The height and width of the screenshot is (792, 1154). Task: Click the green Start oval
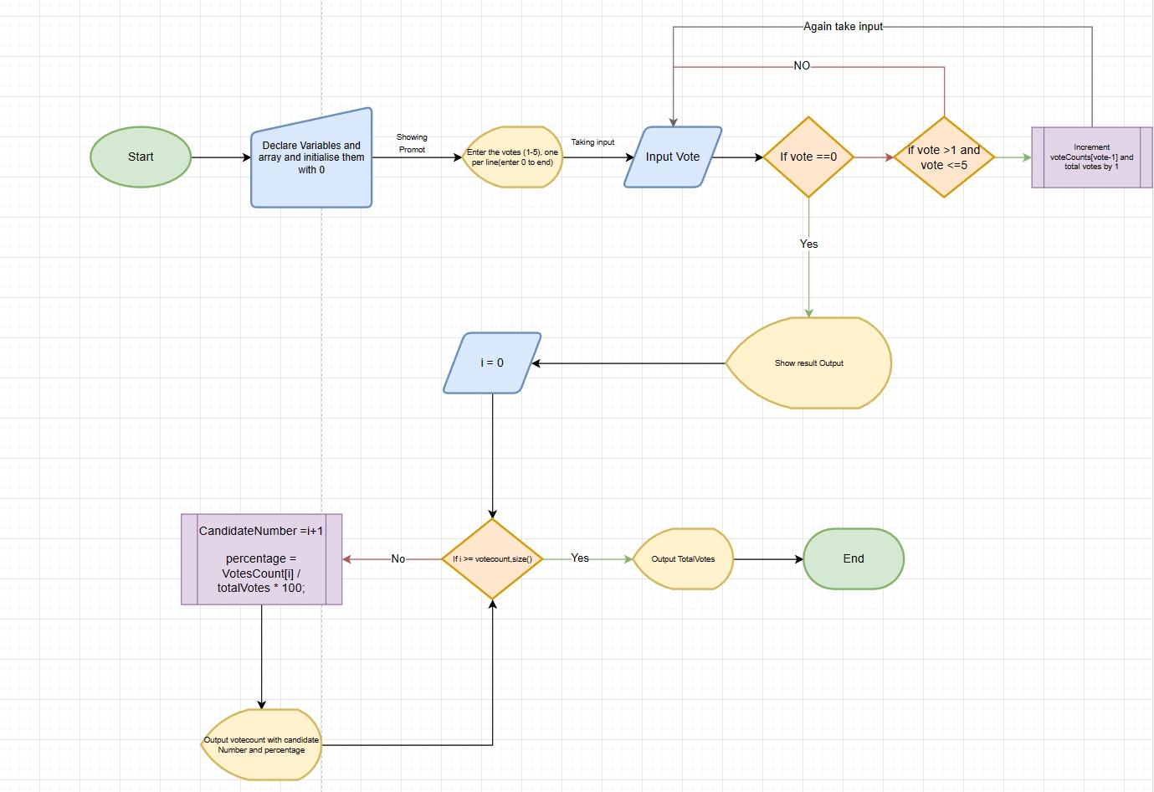(141, 157)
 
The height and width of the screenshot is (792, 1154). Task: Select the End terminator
(853, 558)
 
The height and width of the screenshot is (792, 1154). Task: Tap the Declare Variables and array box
(311, 157)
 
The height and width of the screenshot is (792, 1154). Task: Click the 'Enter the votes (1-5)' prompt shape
(512, 157)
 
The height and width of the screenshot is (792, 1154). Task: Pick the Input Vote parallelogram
(673, 157)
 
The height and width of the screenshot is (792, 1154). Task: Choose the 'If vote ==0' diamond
(808, 157)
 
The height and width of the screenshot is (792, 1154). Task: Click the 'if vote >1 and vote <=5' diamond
(944, 157)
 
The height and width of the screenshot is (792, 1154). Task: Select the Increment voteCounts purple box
(1091, 157)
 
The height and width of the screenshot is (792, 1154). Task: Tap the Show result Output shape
(808, 363)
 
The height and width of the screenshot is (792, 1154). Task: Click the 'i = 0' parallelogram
(492, 363)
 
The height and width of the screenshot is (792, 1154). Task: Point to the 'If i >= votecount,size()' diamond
(492, 558)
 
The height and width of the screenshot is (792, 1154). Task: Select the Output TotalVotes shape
(683, 558)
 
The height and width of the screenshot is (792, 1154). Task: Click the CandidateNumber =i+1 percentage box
(261, 559)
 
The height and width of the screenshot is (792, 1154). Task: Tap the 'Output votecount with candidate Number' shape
(261, 745)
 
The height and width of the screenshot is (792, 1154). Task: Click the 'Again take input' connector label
(843, 27)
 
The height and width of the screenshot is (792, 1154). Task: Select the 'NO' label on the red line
(802, 65)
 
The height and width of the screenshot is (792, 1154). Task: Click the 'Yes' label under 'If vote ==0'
(808, 244)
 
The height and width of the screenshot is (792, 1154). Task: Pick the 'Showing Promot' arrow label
(412, 143)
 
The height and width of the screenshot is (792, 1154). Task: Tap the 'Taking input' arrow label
(592, 142)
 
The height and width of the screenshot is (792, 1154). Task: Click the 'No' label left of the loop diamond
(397, 558)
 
